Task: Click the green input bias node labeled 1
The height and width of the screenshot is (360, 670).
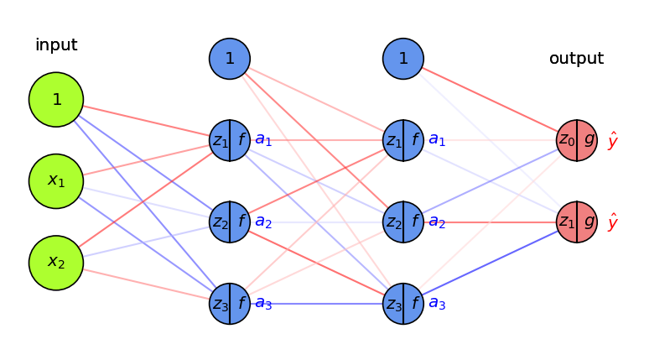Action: (56, 100)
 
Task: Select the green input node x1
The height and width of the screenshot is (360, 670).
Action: (56, 181)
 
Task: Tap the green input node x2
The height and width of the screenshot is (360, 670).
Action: (56, 263)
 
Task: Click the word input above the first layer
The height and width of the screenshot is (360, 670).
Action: (56, 45)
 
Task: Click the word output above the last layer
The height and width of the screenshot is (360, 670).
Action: (576, 59)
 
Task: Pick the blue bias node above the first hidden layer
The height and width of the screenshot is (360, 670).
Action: (230, 59)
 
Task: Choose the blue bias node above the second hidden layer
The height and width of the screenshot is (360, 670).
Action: (403, 59)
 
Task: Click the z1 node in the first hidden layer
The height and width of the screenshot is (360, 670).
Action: (230, 140)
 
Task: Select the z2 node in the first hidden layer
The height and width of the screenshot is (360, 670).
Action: (230, 222)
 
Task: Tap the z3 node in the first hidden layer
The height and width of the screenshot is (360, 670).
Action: (230, 304)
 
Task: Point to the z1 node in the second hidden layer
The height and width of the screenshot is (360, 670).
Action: (403, 140)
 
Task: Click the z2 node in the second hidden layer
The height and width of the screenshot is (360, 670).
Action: (403, 222)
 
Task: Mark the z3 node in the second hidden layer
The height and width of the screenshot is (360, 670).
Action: (403, 304)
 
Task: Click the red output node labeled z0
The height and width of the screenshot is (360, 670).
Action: (577, 140)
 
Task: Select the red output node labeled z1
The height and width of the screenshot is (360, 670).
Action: (577, 222)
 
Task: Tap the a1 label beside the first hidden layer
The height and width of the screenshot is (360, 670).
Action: (263, 140)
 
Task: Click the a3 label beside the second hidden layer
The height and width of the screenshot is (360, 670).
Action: (437, 304)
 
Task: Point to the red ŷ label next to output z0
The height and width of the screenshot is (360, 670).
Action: (613, 140)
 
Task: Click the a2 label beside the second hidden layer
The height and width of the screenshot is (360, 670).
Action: (437, 222)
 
